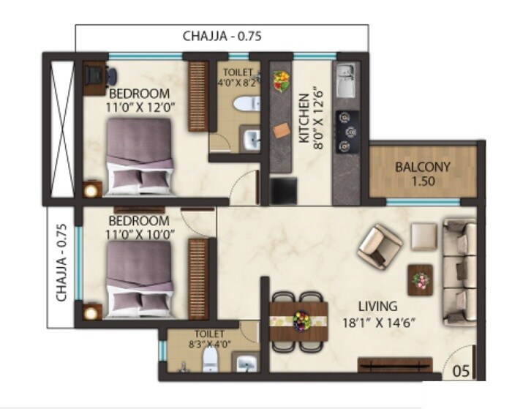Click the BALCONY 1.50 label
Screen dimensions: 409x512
422,173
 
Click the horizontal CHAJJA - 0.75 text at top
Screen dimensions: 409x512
222,35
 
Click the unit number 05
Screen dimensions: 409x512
459,369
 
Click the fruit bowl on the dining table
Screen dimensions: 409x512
300,320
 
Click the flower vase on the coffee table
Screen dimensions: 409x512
420,279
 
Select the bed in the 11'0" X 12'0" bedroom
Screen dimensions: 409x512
140,157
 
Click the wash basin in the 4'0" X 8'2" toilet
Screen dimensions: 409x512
251,137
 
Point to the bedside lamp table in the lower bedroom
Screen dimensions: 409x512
91,312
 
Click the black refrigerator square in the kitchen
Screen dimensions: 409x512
283,190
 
